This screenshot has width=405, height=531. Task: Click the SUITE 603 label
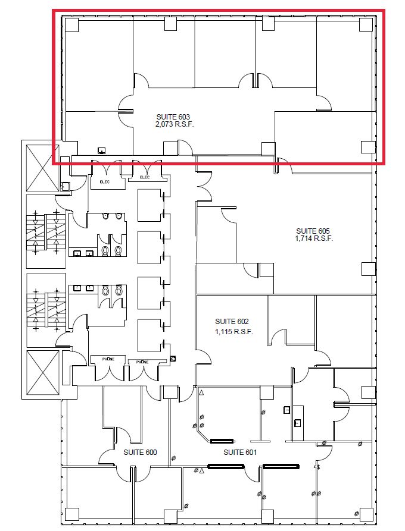click(173, 117)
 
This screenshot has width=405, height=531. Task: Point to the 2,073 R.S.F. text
click(175, 124)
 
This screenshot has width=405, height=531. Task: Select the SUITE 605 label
click(313, 231)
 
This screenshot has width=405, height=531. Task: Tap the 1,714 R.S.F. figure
click(314, 238)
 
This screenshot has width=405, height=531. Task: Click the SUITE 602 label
click(232, 321)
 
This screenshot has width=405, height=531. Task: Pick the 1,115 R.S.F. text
click(234, 332)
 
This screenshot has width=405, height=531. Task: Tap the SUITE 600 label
click(140, 453)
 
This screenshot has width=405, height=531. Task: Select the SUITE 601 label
click(240, 453)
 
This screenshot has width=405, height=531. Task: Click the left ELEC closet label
click(105, 182)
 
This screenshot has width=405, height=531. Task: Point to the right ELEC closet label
click(145, 177)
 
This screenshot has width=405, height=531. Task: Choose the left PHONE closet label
click(108, 359)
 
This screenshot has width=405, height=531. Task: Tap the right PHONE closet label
click(142, 362)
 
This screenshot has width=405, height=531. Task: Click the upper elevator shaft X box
click(43, 168)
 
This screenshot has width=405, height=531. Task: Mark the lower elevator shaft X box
click(43, 372)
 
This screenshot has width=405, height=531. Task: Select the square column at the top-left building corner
click(71, 25)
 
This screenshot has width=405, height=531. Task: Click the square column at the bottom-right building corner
click(366, 515)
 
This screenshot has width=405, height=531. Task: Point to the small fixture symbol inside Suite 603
click(101, 150)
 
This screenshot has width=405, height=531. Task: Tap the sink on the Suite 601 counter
click(298, 423)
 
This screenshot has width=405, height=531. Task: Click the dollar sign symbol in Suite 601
click(319, 467)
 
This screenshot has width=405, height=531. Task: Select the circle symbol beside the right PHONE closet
click(173, 359)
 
